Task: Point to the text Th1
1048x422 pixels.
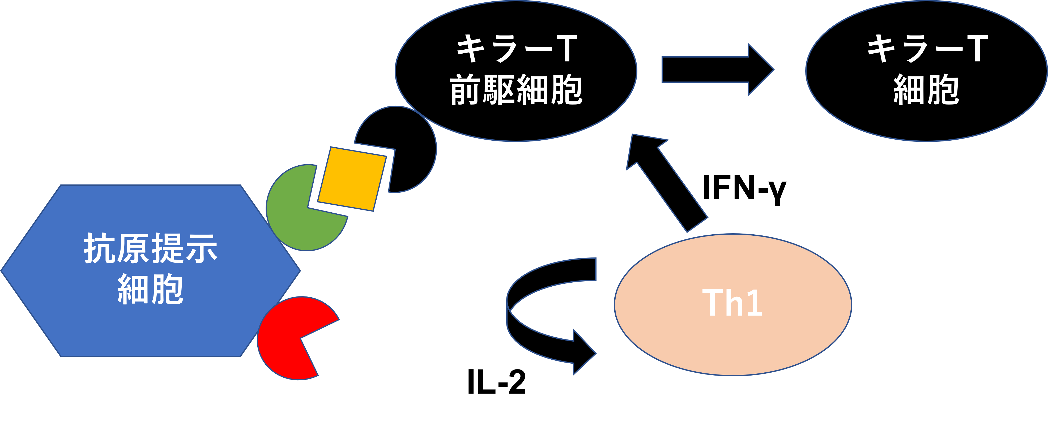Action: (732, 303)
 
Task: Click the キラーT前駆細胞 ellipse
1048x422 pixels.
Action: (516, 122)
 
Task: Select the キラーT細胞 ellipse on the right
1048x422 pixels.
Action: (926, 122)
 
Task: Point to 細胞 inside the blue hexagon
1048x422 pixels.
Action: (151, 290)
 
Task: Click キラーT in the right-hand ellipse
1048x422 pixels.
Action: (926, 49)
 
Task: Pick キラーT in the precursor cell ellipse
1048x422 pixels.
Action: (516, 49)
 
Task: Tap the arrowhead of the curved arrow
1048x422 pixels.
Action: (584, 353)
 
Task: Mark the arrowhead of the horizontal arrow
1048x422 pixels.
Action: (760, 70)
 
